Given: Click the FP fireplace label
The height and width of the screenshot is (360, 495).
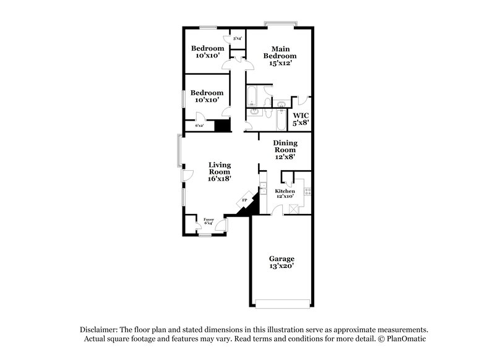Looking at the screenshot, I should (244, 201).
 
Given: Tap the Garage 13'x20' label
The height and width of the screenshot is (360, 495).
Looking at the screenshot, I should (281, 262).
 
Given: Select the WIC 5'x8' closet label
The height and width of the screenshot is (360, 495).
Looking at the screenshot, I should (301, 119).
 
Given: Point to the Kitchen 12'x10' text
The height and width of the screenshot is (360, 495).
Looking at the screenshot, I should (285, 194).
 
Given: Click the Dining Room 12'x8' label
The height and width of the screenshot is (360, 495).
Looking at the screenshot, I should (285, 149).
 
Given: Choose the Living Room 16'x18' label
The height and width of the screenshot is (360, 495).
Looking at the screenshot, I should (219, 172).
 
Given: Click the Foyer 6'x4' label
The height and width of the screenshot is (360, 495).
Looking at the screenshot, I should (209, 221).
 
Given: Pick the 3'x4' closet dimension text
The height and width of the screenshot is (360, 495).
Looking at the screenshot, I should (237, 39).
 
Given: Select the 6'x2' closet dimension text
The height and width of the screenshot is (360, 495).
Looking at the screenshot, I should (200, 126).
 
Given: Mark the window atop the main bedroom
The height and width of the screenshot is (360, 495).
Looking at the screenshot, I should (280, 25).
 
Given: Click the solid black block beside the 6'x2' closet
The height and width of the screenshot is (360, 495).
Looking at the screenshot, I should (222, 126).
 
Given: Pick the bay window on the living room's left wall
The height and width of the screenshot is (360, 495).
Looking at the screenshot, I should (180, 151).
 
